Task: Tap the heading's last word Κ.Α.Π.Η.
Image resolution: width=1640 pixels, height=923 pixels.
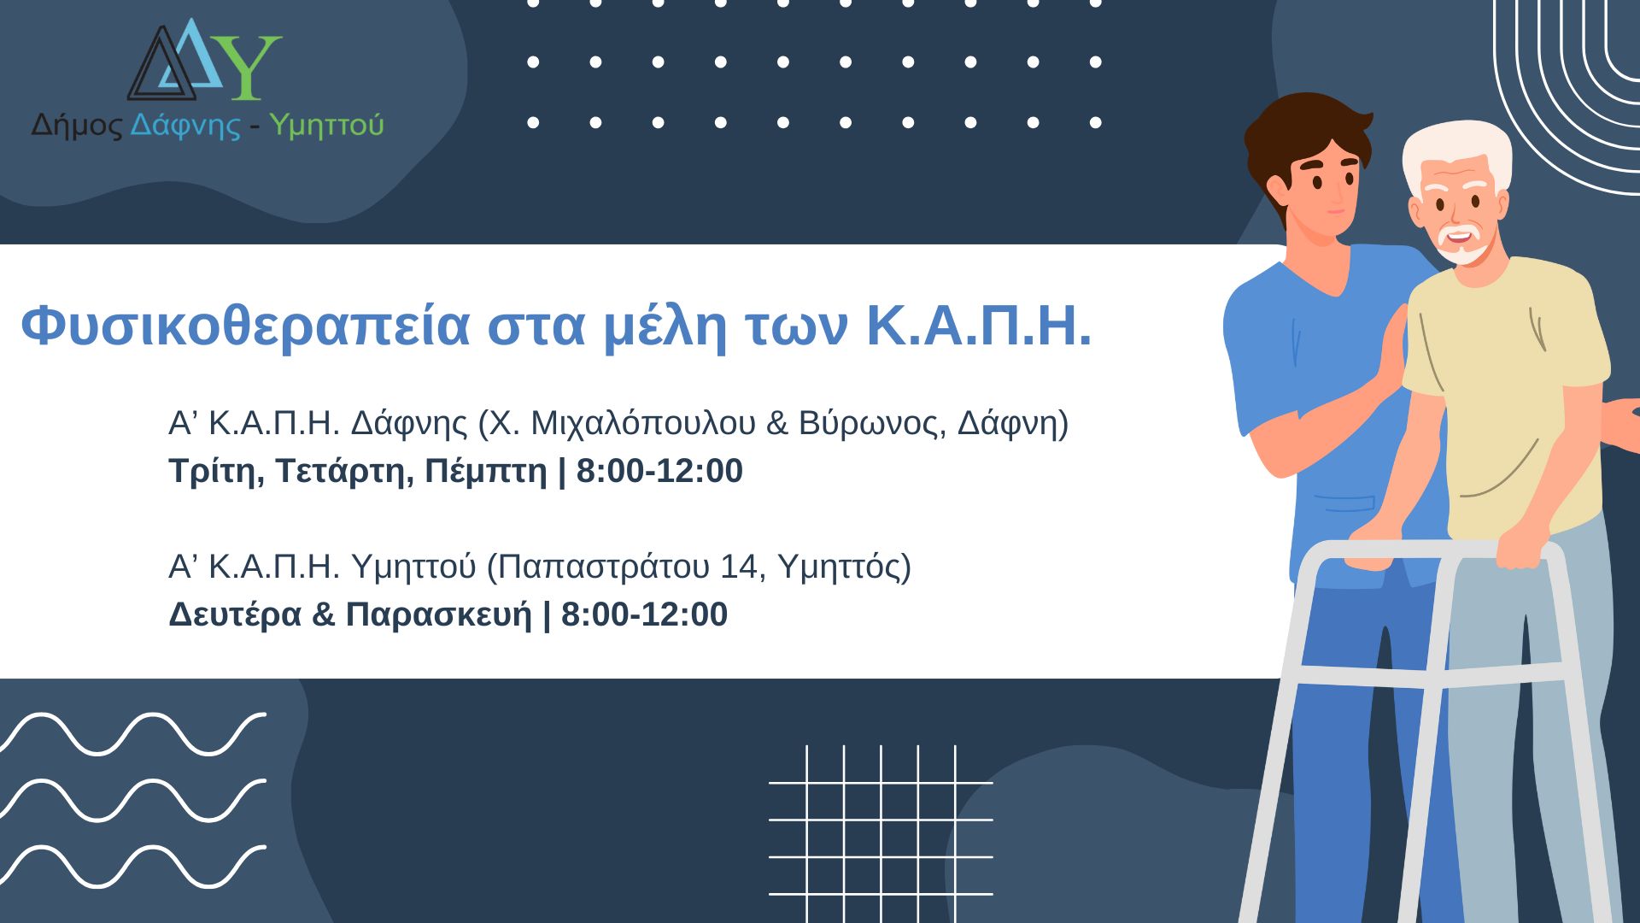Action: pyautogui.click(x=979, y=325)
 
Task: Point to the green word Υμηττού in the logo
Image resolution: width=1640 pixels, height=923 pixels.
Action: pyautogui.click(x=326, y=126)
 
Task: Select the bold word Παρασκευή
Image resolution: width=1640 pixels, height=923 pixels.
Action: pyautogui.click(x=438, y=614)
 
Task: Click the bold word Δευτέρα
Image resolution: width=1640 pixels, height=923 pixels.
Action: pyautogui.click(x=235, y=614)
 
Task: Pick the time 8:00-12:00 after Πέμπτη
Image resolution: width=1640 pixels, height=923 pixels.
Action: pyautogui.click(x=659, y=471)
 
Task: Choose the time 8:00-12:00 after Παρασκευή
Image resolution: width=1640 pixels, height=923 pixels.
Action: pyautogui.click(x=644, y=614)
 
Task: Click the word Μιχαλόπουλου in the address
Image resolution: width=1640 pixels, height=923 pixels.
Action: pyautogui.click(x=643, y=423)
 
